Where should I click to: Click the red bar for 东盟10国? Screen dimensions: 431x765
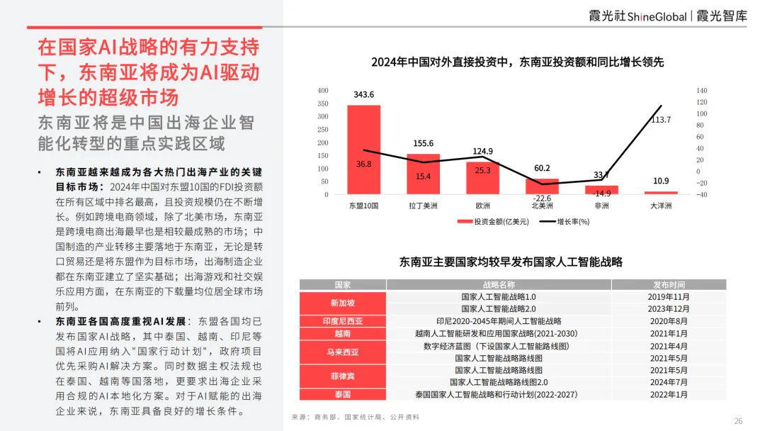point(363,149)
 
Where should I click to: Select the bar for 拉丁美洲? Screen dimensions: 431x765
point(423,173)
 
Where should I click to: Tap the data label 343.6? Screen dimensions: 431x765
point(363,95)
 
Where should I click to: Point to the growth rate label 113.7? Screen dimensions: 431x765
point(661,119)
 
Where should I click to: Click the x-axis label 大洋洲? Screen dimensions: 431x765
point(661,206)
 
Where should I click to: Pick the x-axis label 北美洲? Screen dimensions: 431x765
point(542,206)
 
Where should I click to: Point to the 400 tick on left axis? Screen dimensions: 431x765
point(322,91)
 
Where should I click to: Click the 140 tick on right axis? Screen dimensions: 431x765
point(702,91)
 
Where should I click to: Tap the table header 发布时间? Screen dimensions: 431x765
point(669,285)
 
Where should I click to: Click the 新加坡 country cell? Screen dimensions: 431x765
point(343,303)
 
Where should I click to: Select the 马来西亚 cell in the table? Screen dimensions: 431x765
point(343,352)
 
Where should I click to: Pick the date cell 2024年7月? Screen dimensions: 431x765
point(669,382)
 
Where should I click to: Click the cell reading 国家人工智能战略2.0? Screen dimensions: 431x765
point(499,308)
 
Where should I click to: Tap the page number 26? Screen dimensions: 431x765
point(738,421)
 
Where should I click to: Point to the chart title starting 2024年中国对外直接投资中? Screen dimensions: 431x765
point(517,62)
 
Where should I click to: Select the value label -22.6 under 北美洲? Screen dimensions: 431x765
point(542,198)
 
